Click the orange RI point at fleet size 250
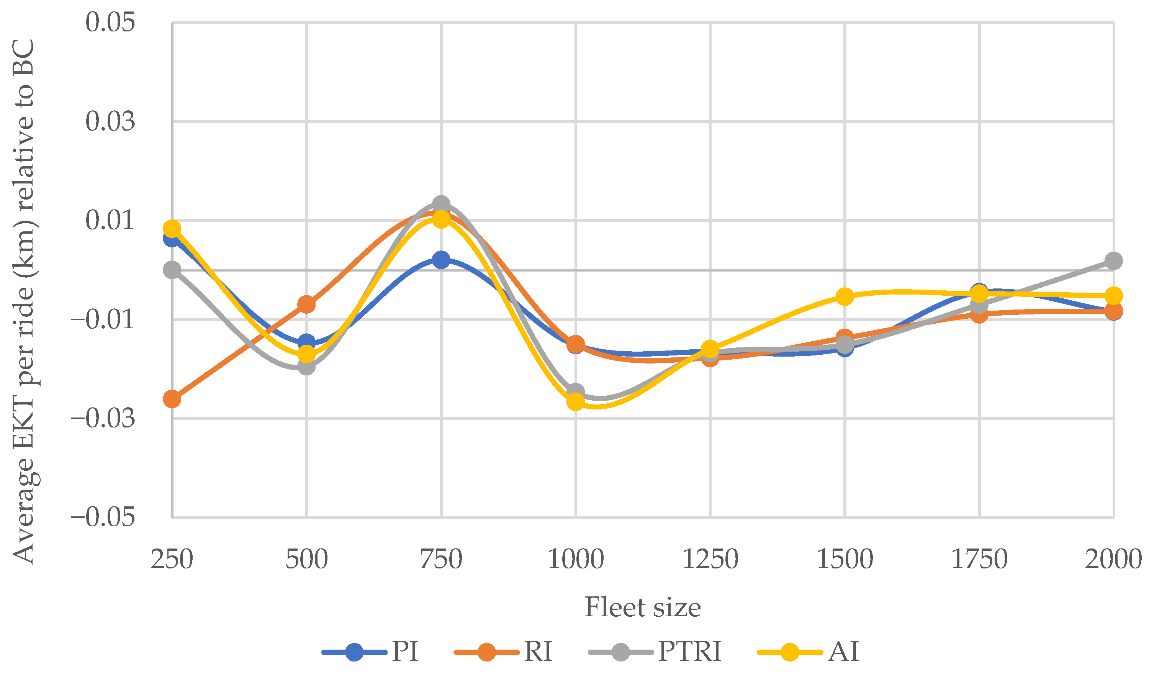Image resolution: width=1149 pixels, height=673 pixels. point(172,399)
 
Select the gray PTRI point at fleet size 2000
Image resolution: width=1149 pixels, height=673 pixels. point(1113,261)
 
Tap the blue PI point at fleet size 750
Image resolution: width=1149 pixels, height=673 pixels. point(441,260)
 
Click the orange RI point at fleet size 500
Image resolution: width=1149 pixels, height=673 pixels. point(306,304)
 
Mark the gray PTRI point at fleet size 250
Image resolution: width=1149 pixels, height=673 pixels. point(172,270)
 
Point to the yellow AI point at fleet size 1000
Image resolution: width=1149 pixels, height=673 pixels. point(575,402)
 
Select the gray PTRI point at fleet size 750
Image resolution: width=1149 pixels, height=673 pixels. point(441,204)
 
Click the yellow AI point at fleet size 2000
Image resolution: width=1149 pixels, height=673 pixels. point(1113,295)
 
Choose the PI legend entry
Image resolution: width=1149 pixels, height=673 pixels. point(370,651)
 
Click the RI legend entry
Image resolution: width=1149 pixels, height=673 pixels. point(503,651)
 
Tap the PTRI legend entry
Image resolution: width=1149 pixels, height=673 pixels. point(655,651)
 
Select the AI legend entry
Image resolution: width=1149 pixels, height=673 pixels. point(808,651)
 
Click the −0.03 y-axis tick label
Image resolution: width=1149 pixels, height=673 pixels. point(103,419)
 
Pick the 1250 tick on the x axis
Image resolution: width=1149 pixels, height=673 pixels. point(710,560)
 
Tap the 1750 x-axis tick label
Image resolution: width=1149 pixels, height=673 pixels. point(979,560)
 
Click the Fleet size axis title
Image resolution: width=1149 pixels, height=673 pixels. point(642,608)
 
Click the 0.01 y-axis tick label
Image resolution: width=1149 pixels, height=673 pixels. point(110,221)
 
